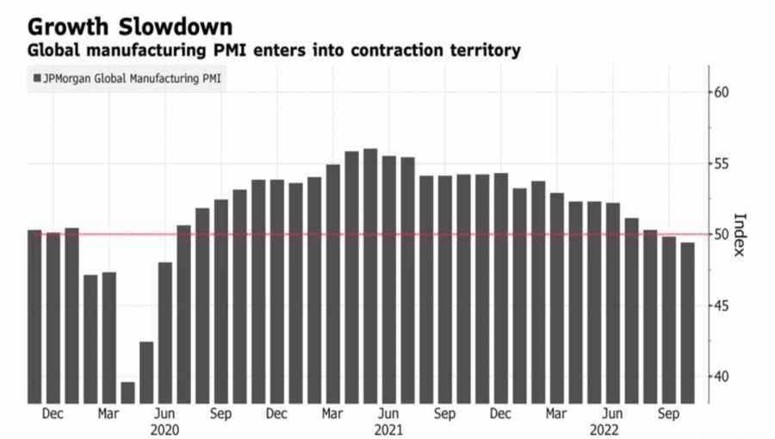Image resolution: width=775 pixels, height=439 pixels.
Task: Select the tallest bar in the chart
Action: pos(370,275)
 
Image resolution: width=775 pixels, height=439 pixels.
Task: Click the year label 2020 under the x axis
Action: pos(164,429)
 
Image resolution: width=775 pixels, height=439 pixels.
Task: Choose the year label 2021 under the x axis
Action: pos(388,429)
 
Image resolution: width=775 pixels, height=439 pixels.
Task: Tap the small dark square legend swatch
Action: pos(37,79)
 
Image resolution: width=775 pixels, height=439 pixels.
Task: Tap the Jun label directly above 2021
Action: pos(388,414)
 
